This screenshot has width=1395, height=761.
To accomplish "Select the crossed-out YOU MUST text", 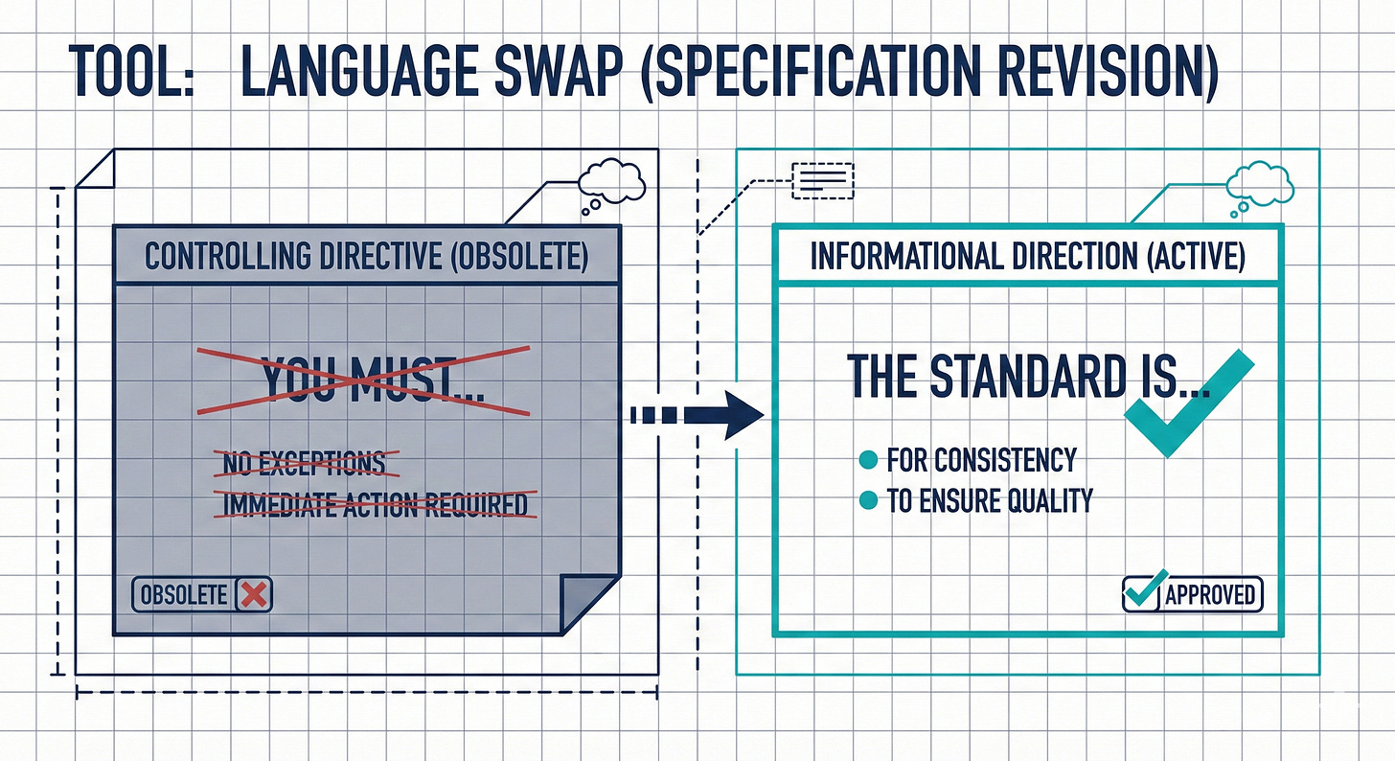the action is (363, 380).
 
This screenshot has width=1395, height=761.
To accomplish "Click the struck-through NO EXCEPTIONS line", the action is (304, 463).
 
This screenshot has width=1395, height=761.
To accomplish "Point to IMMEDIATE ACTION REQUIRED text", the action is (375, 503).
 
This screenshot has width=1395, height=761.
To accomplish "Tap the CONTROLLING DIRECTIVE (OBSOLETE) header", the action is (366, 256).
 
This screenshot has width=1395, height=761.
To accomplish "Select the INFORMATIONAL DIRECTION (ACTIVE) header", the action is (1027, 256).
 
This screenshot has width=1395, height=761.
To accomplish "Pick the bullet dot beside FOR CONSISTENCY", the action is (869, 460).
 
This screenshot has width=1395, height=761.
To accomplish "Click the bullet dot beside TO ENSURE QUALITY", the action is (869, 500).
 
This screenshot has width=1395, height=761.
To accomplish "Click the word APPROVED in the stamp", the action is (1210, 595).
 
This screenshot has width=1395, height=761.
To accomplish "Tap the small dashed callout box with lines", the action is (822, 179).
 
